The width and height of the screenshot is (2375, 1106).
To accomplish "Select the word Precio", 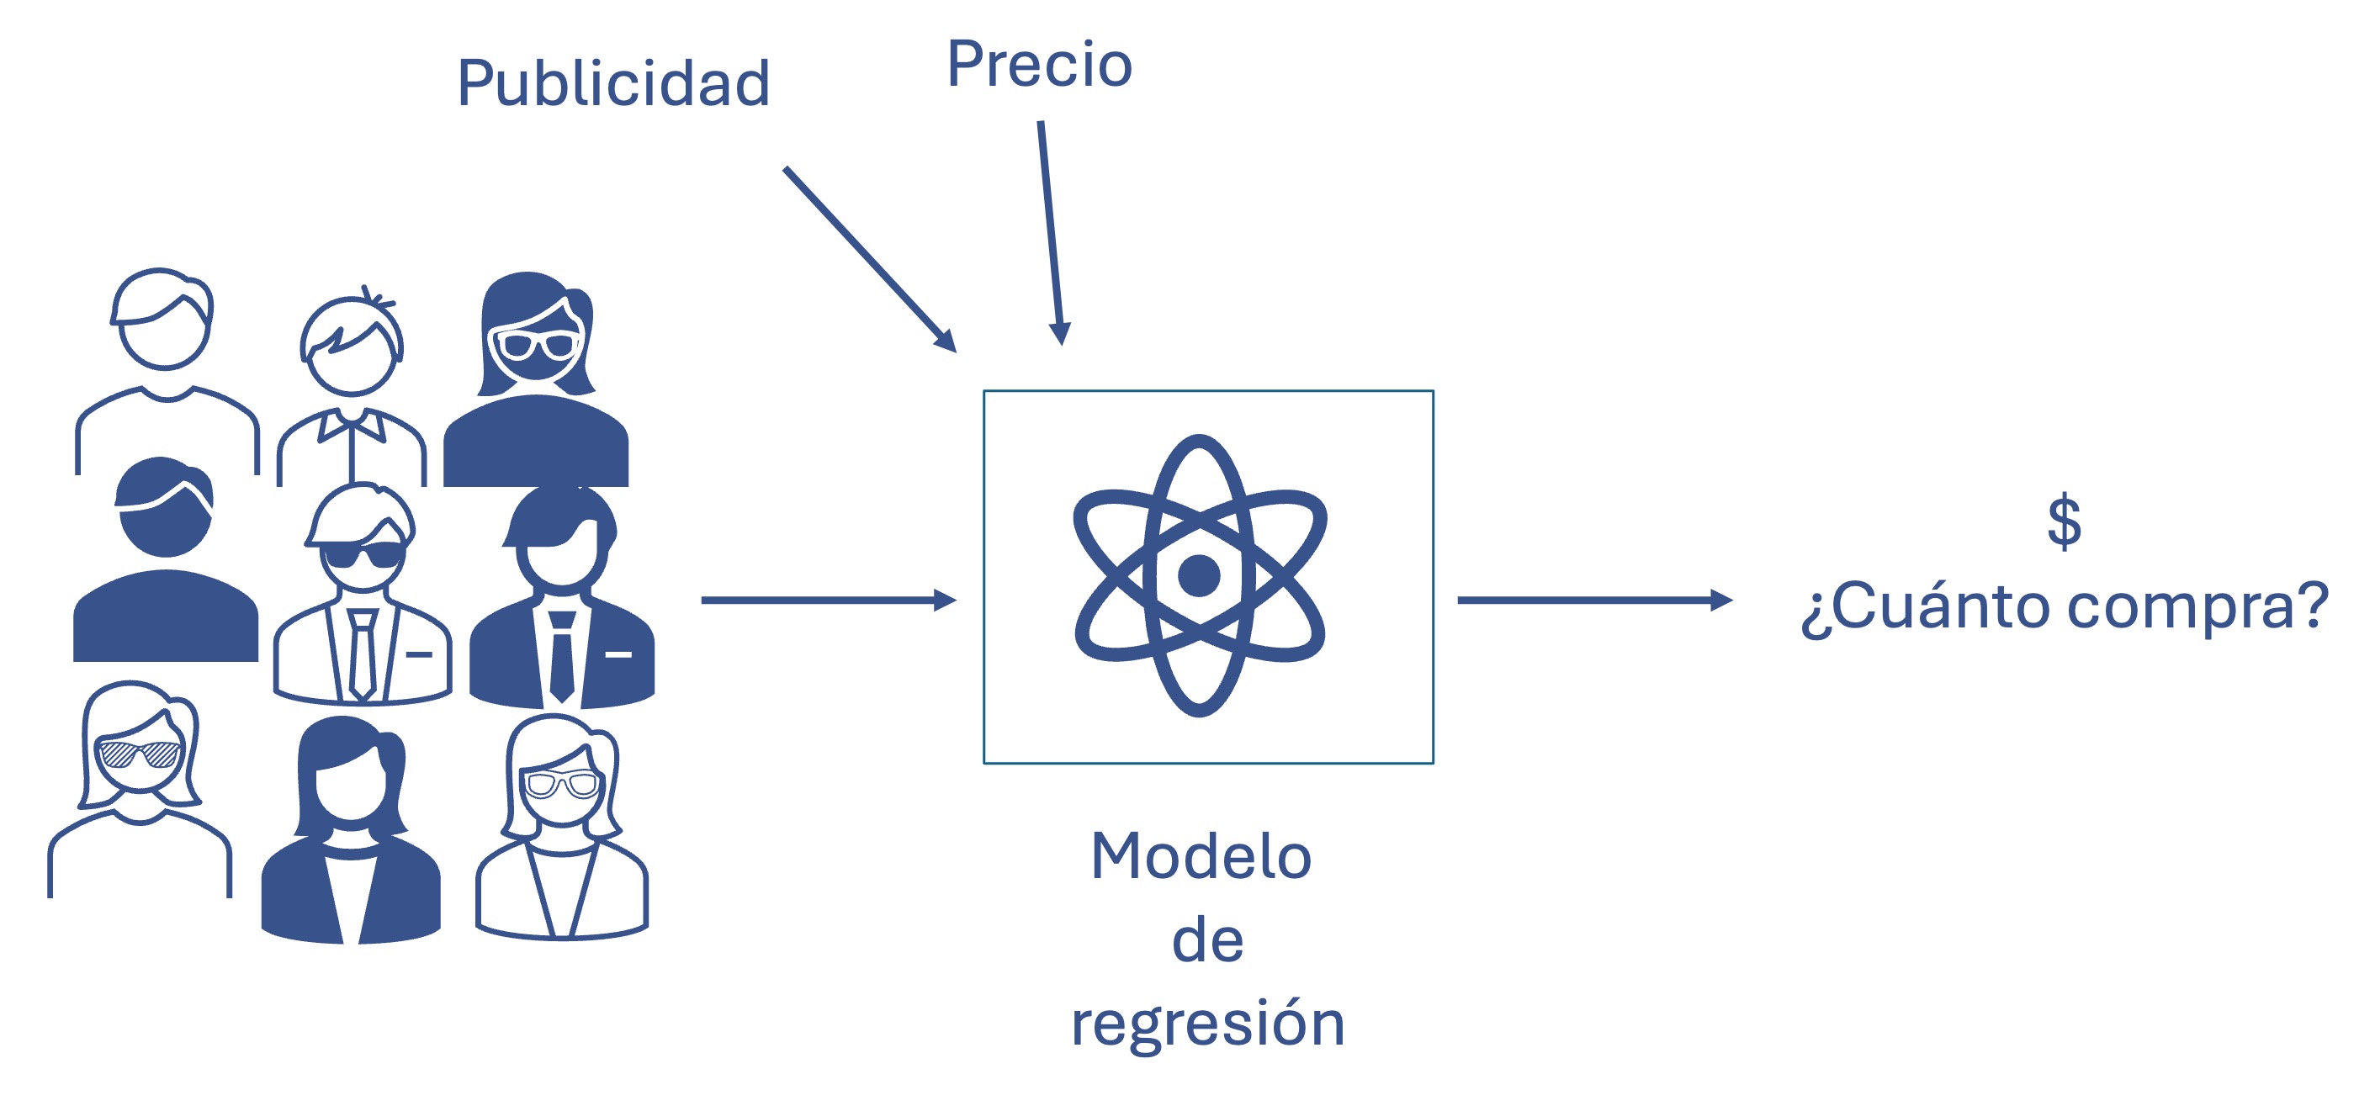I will click(1039, 65).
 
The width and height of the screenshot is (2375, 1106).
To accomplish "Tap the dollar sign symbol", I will click(2064, 521).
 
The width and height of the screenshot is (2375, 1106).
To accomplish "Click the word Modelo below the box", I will click(1201, 857).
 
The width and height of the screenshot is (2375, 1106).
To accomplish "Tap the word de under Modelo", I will click(1208, 941).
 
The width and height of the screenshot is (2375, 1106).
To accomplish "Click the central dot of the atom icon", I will click(1199, 576).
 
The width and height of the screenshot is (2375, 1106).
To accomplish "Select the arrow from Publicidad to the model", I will click(867, 257).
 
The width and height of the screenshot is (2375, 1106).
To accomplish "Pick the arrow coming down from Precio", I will click(1051, 230).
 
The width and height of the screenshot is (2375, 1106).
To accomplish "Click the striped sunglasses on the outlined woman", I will click(138, 754).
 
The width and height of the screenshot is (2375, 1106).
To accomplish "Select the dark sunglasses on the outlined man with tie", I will click(363, 556).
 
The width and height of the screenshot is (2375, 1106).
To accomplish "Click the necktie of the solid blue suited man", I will click(561, 656).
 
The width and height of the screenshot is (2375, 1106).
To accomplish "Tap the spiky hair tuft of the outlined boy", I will click(374, 298).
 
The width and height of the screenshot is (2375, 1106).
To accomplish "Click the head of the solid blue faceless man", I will click(166, 509).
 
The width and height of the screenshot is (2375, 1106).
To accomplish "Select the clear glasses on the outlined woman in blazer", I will click(560, 786).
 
